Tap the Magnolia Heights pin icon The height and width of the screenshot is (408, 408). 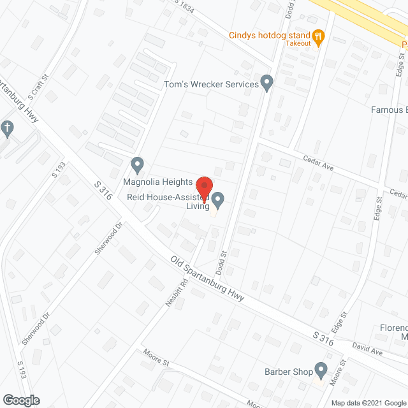pyautogui.click(x=137, y=164)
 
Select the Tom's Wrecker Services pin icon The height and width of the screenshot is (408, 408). pyautogui.click(x=268, y=84)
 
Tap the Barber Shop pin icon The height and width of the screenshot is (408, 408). pyautogui.click(x=321, y=370)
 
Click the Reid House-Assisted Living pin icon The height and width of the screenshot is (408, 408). pyautogui.click(x=218, y=201)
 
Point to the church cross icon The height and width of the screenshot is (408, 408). pyautogui.click(x=7, y=129)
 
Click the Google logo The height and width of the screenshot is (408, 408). pyautogui.click(x=20, y=400)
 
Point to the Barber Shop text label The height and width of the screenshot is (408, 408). pyautogui.click(x=288, y=371)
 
